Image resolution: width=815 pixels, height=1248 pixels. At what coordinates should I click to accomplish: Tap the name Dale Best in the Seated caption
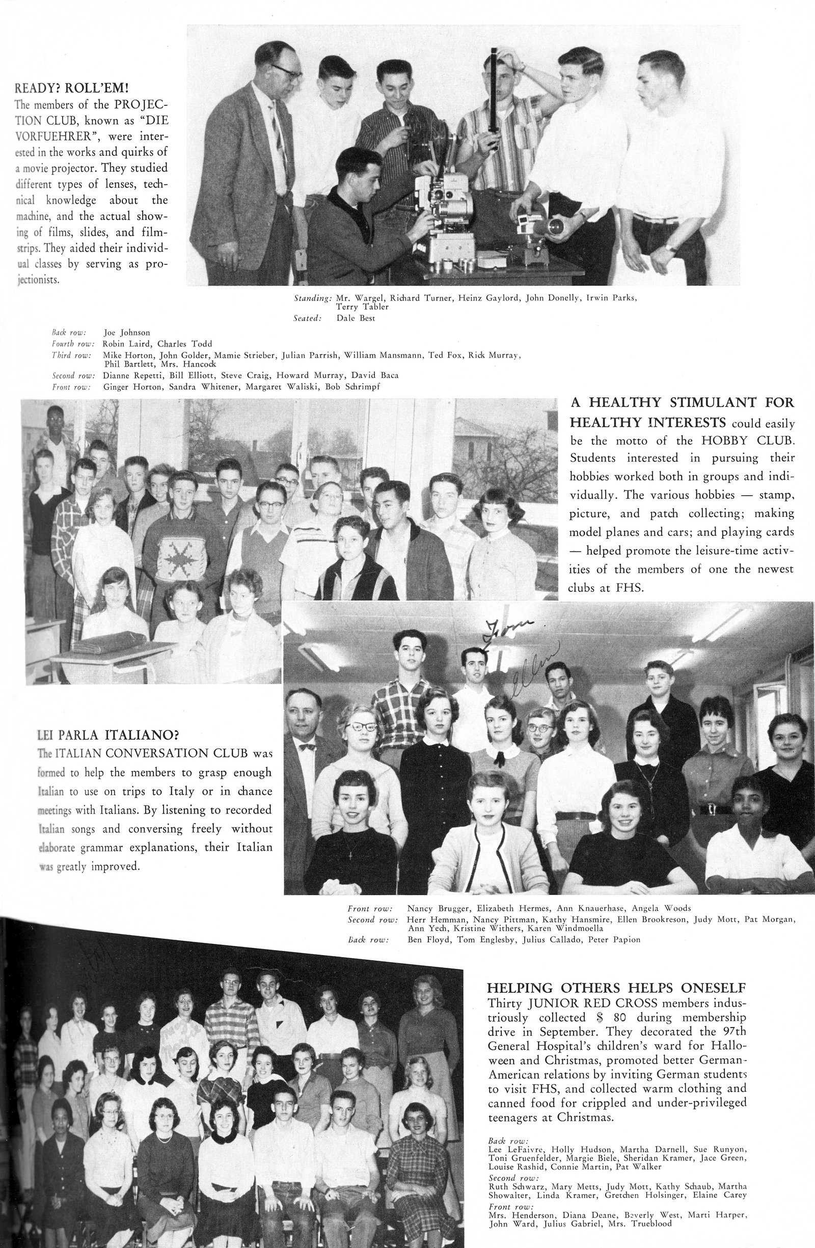pyautogui.click(x=356, y=318)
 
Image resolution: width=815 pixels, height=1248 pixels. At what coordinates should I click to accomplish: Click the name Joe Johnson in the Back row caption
pyautogui.click(x=127, y=333)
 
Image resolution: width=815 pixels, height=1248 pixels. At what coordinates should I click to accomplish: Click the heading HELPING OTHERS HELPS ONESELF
pyautogui.click(x=616, y=988)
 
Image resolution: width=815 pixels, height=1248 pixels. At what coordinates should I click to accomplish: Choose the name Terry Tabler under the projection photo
pyautogui.click(x=362, y=307)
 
